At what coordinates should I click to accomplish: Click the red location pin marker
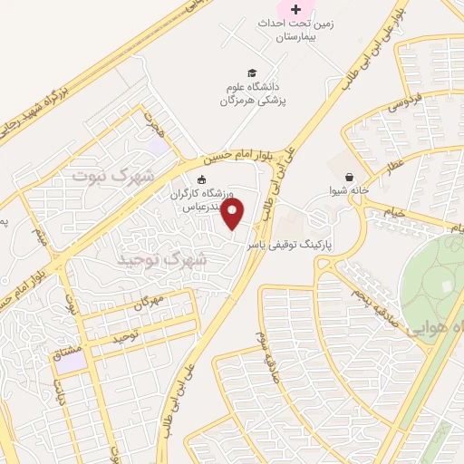click(234, 215)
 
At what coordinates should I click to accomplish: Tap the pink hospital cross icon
click(295, 9)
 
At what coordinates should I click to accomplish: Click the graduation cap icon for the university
click(251, 72)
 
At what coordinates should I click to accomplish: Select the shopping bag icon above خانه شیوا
click(350, 175)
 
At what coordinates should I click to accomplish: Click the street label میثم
click(39, 240)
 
